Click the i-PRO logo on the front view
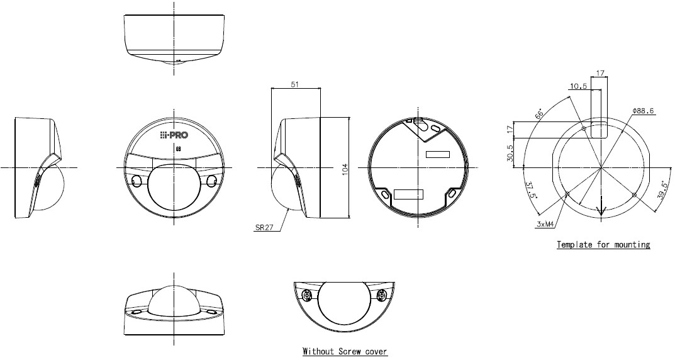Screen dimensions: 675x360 174,135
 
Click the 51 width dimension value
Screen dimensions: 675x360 294,84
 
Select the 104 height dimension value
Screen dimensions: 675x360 344,169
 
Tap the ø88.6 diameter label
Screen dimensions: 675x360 644,111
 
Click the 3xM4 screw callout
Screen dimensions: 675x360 545,224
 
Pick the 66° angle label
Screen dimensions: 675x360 539,115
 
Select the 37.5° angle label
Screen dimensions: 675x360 530,189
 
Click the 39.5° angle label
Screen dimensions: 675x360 662,190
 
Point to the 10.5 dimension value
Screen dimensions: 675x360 579,86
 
